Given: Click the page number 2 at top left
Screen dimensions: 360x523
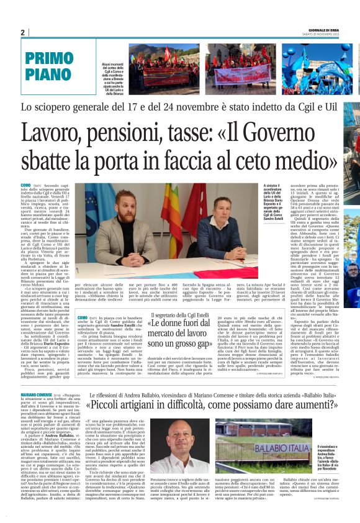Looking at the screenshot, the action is (x=23, y=33).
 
